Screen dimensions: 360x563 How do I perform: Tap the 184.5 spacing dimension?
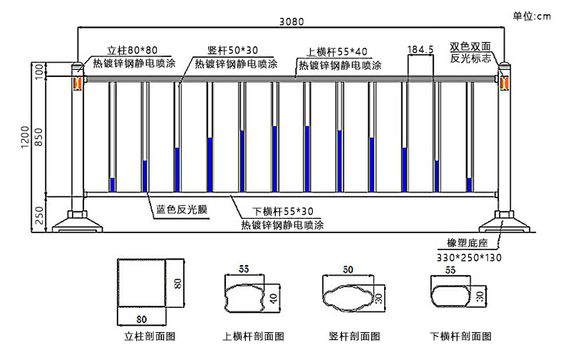pyautogui.click(x=420, y=50)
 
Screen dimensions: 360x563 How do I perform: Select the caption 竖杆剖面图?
pyautogui.click(x=353, y=336)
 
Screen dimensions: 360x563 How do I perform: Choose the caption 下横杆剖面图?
pyautogui.click(x=460, y=336)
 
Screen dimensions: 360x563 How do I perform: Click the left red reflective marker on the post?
pyautogui.click(x=73, y=83)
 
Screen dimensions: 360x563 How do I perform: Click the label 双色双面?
pyautogui.click(x=470, y=47)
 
